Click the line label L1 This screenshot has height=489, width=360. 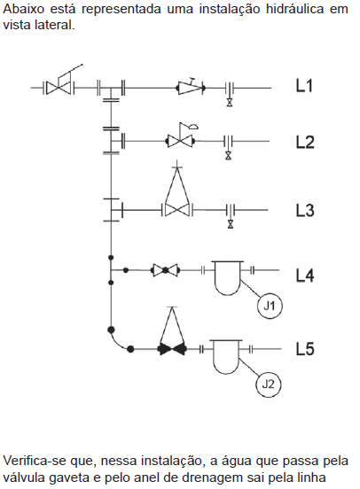tap(304, 85)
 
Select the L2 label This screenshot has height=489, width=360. tap(305, 143)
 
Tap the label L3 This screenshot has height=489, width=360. tap(305, 210)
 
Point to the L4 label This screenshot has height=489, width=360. tap(305, 276)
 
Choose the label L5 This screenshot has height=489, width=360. tap(305, 349)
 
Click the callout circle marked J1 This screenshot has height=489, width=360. tap(270, 306)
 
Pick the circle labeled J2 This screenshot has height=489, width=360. tap(269, 384)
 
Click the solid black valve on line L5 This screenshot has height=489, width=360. tap(173, 349)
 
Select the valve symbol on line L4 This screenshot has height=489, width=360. tap(166, 270)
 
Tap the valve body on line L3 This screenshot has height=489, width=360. tap(177, 210)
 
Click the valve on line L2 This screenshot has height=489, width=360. tap(180, 141)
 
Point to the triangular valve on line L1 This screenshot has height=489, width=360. tap(191, 88)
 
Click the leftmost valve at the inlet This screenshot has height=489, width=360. tap(59, 88)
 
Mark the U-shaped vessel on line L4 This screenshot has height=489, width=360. tap(228, 278)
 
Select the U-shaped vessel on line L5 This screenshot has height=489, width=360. tap(226, 357)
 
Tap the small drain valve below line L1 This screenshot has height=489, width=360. tap(230, 103)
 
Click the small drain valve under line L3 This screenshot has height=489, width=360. tap(231, 224)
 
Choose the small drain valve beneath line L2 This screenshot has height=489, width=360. tap(229, 155)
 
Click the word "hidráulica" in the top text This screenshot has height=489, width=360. tap(294, 9)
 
